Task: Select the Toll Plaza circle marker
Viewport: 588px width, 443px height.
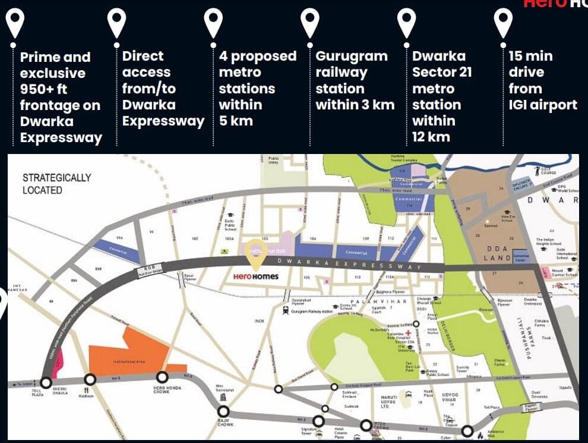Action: [46, 382]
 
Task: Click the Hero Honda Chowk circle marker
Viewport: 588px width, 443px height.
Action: [162, 377]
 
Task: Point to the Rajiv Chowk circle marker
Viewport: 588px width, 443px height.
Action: [223, 411]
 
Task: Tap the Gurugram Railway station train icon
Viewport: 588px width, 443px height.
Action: [286, 310]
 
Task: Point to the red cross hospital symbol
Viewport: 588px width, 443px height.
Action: [408, 333]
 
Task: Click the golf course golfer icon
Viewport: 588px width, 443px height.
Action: [536, 169]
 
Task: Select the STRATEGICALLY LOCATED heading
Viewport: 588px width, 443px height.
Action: [56, 184]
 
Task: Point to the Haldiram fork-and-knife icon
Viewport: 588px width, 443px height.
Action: [90, 390]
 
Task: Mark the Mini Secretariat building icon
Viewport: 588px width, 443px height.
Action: [223, 397]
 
